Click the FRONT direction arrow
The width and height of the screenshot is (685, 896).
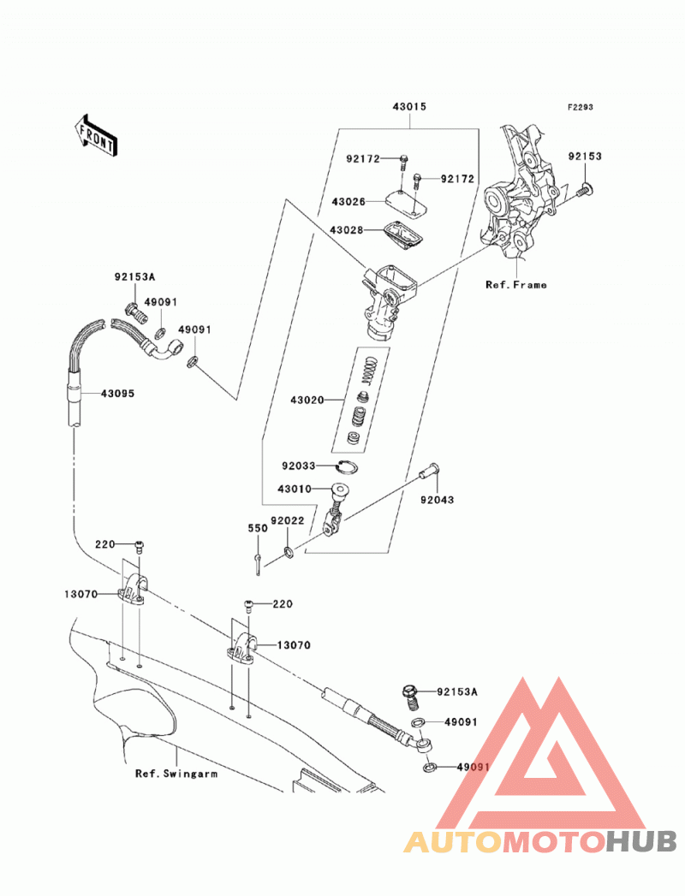97,136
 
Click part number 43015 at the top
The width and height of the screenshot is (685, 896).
409,107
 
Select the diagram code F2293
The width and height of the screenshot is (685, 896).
581,107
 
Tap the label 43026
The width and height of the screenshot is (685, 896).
348,202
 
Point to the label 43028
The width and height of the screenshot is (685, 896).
347,230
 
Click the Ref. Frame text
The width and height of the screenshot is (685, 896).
516,285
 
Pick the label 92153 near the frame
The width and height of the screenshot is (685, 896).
585,156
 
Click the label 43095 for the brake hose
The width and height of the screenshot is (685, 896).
118,393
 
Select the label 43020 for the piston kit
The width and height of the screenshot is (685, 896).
307,400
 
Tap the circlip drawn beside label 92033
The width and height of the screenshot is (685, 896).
348,467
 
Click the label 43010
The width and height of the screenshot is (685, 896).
295,490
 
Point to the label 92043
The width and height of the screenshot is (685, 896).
438,500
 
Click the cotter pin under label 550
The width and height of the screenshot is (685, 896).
258,565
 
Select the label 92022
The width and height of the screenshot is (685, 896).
287,521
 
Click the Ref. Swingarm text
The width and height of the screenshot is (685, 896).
176,774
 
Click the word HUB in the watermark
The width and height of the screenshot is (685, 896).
641,842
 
